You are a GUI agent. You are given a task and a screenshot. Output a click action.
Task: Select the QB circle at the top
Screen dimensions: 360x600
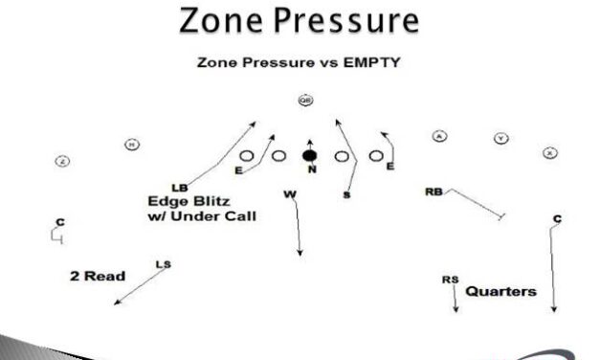point(305,100)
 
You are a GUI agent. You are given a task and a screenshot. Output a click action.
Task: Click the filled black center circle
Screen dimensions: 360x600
point(309,154)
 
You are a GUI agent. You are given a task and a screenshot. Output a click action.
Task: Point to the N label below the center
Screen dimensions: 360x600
point(311,169)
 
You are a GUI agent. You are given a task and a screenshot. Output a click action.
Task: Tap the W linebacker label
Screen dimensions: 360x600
point(289,193)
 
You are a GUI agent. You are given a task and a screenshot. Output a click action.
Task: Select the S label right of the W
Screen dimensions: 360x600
point(345,194)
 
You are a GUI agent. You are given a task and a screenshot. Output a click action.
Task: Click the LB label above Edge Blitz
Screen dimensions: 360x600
point(179,187)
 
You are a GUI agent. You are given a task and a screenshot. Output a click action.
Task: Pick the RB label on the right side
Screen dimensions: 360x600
point(433,192)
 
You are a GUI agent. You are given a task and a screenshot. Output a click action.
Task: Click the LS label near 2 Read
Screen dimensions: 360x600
point(162,264)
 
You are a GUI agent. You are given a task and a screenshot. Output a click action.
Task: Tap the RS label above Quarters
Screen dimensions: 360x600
point(449,279)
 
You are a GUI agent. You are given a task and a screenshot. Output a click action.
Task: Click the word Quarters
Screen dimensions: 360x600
point(500,291)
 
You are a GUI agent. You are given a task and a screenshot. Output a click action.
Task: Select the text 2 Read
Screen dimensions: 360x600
point(98,276)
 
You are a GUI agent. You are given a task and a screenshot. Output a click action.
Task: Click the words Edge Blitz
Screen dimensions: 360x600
point(186,201)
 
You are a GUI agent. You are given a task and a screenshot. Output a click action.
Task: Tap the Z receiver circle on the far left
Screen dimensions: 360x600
point(62,161)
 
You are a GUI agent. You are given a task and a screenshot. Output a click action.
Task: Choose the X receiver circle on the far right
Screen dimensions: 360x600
point(549,152)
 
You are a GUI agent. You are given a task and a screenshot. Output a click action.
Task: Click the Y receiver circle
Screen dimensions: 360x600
point(500,139)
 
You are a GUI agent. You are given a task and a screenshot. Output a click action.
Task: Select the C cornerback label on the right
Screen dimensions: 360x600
point(557,219)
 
